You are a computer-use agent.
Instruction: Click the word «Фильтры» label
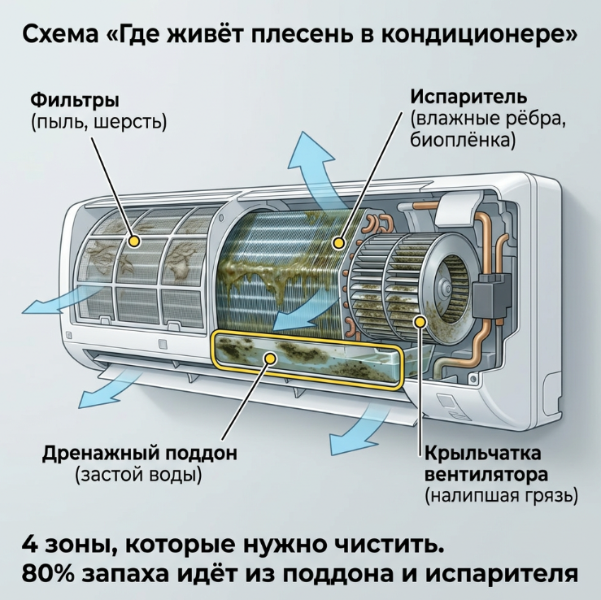coord(75,101)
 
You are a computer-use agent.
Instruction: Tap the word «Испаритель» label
coord(468,97)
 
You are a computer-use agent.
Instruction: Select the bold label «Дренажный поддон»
coord(140,454)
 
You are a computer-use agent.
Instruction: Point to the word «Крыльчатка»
coord(483,454)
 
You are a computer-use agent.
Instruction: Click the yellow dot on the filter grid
coord(134,241)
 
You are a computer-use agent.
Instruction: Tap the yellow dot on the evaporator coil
coord(338,243)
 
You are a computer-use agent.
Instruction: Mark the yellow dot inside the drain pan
coord(271,359)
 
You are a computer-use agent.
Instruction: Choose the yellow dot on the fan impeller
coord(420,322)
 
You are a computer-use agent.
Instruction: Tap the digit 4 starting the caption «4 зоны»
coord(31,544)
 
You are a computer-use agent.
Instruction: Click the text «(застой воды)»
coord(138,475)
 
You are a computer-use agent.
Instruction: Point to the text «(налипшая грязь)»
coord(501,496)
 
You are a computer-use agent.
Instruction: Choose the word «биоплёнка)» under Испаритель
coord(463,140)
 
